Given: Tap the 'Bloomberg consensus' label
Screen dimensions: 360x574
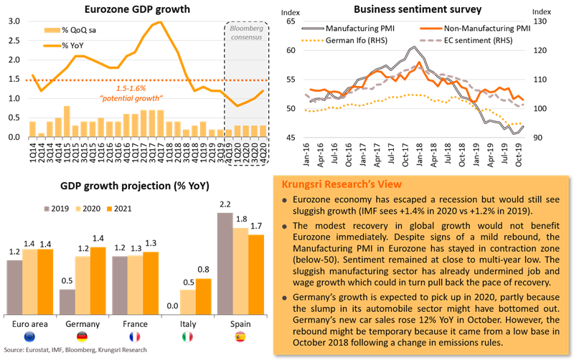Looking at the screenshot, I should click(x=244, y=32).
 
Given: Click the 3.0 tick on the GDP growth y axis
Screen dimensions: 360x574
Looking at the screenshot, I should click(x=14, y=22).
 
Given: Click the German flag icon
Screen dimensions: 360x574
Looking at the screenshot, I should click(x=83, y=336).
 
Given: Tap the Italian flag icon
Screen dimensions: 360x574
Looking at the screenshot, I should click(x=188, y=336).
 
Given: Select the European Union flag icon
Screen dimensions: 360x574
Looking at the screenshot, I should click(x=29, y=336).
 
